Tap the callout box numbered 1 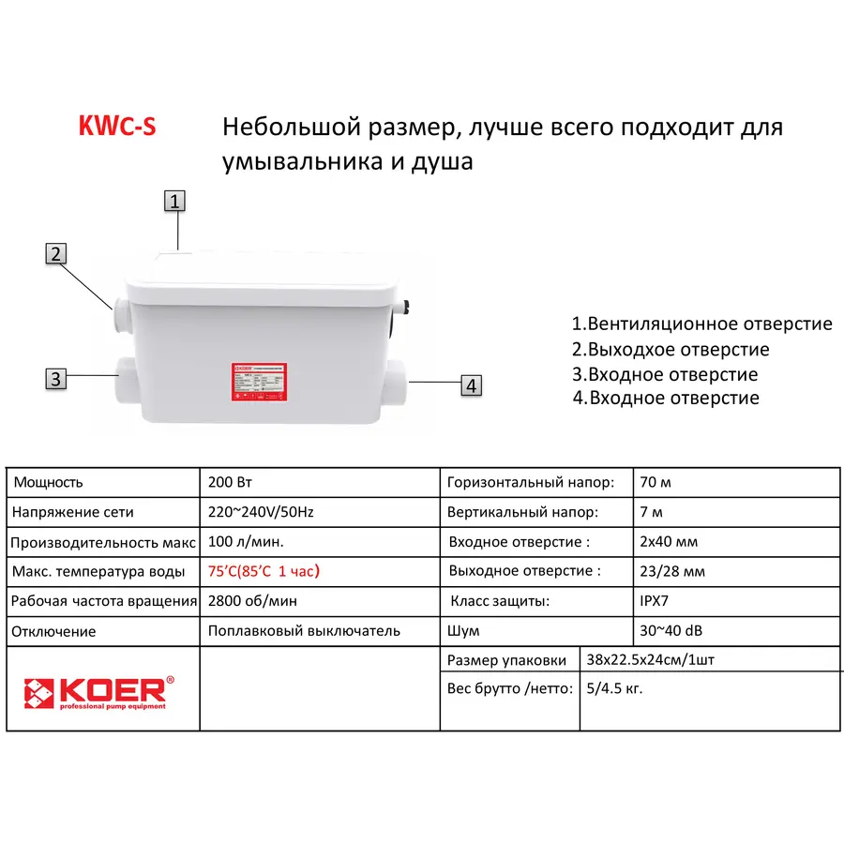pyautogui.click(x=175, y=200)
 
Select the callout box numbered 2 pyautogui.click(x=56, y=253)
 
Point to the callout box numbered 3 pyautogui.click(x=56, y=379)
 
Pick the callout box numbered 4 pyautogui.click(x=472, y=384)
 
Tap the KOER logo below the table pyautogui.click(x=98, y=692)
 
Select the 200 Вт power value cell pyautogui.click(x=230, y=482)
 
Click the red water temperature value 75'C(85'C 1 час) pyautogui.click(x=270, y=571)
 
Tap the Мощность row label pyautogui.click(x=48, y=482)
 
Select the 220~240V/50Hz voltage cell pyautogui.click(x=260, y=512)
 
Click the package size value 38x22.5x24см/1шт pyautogui.click(x=651, y=659)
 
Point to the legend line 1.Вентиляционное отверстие pyautogui.click(x=701, y=324)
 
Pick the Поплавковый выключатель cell pyautogui.click(x=304, y=630)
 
